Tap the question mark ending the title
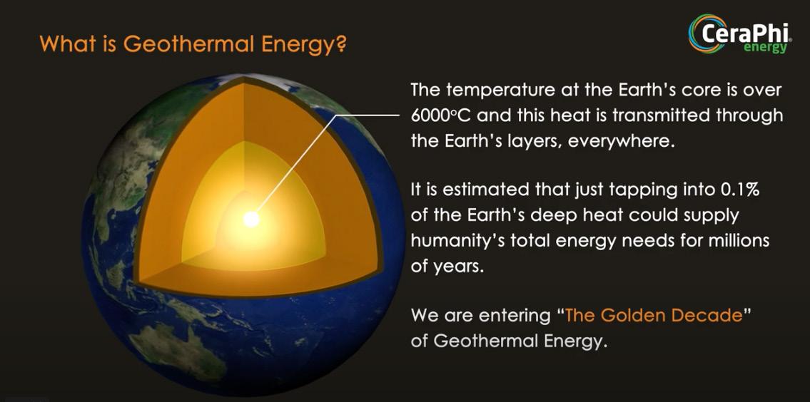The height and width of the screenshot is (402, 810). (338, 44)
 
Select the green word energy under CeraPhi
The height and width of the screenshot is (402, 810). (765, 48)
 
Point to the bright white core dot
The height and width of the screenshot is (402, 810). (251, 220)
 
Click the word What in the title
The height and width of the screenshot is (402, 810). (61, 44)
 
